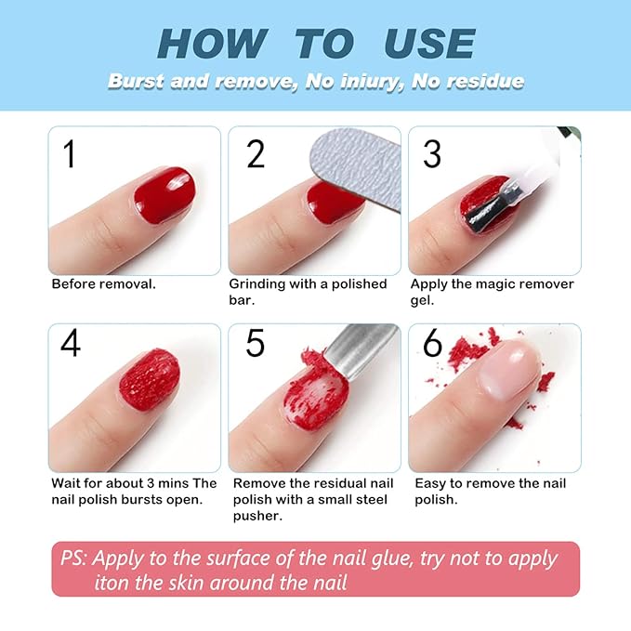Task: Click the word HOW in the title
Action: [x=211, y=44]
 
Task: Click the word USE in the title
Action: [x=429, y=44]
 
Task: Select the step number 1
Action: [x=68, y=153]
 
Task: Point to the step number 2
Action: [x=256, y=153]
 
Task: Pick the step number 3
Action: [x=431, y=153]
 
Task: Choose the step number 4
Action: [x=70, y=343]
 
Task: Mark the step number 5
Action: [x=256, y=343]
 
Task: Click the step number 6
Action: [x=432, y=343]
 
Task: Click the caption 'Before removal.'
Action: [x=103, y=283]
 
